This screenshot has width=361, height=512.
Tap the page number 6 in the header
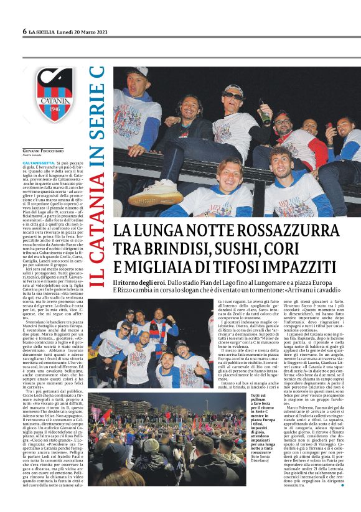[25, 31]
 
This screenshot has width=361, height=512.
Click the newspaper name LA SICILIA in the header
[46, 31]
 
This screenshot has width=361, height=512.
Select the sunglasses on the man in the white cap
[233, 96]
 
